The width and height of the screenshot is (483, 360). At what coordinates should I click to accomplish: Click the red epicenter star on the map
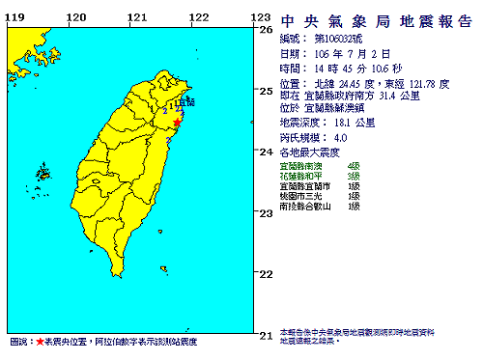178,122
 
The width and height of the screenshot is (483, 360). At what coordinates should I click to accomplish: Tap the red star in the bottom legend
40,343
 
